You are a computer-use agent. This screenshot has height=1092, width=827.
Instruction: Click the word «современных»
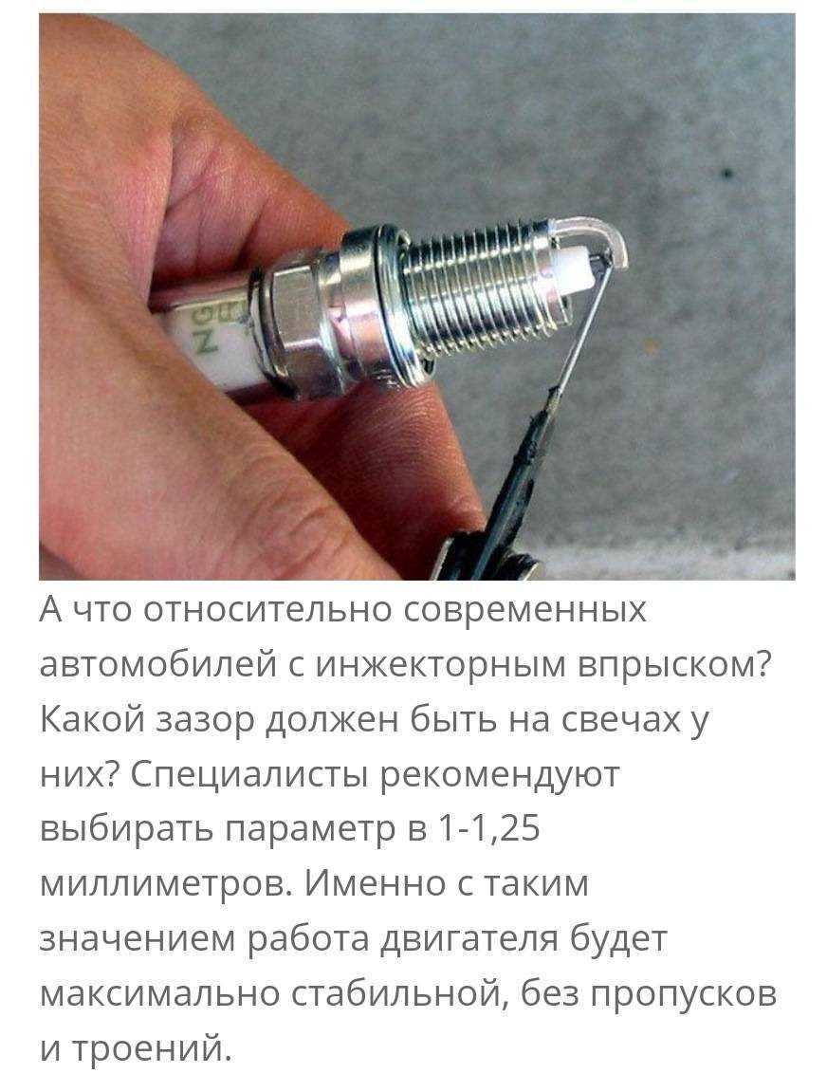[x=524, y=609]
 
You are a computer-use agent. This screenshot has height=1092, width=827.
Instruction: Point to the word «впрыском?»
[x=678, y=665]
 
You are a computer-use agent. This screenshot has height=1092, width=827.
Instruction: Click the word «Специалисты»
[x=248, y=774]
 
